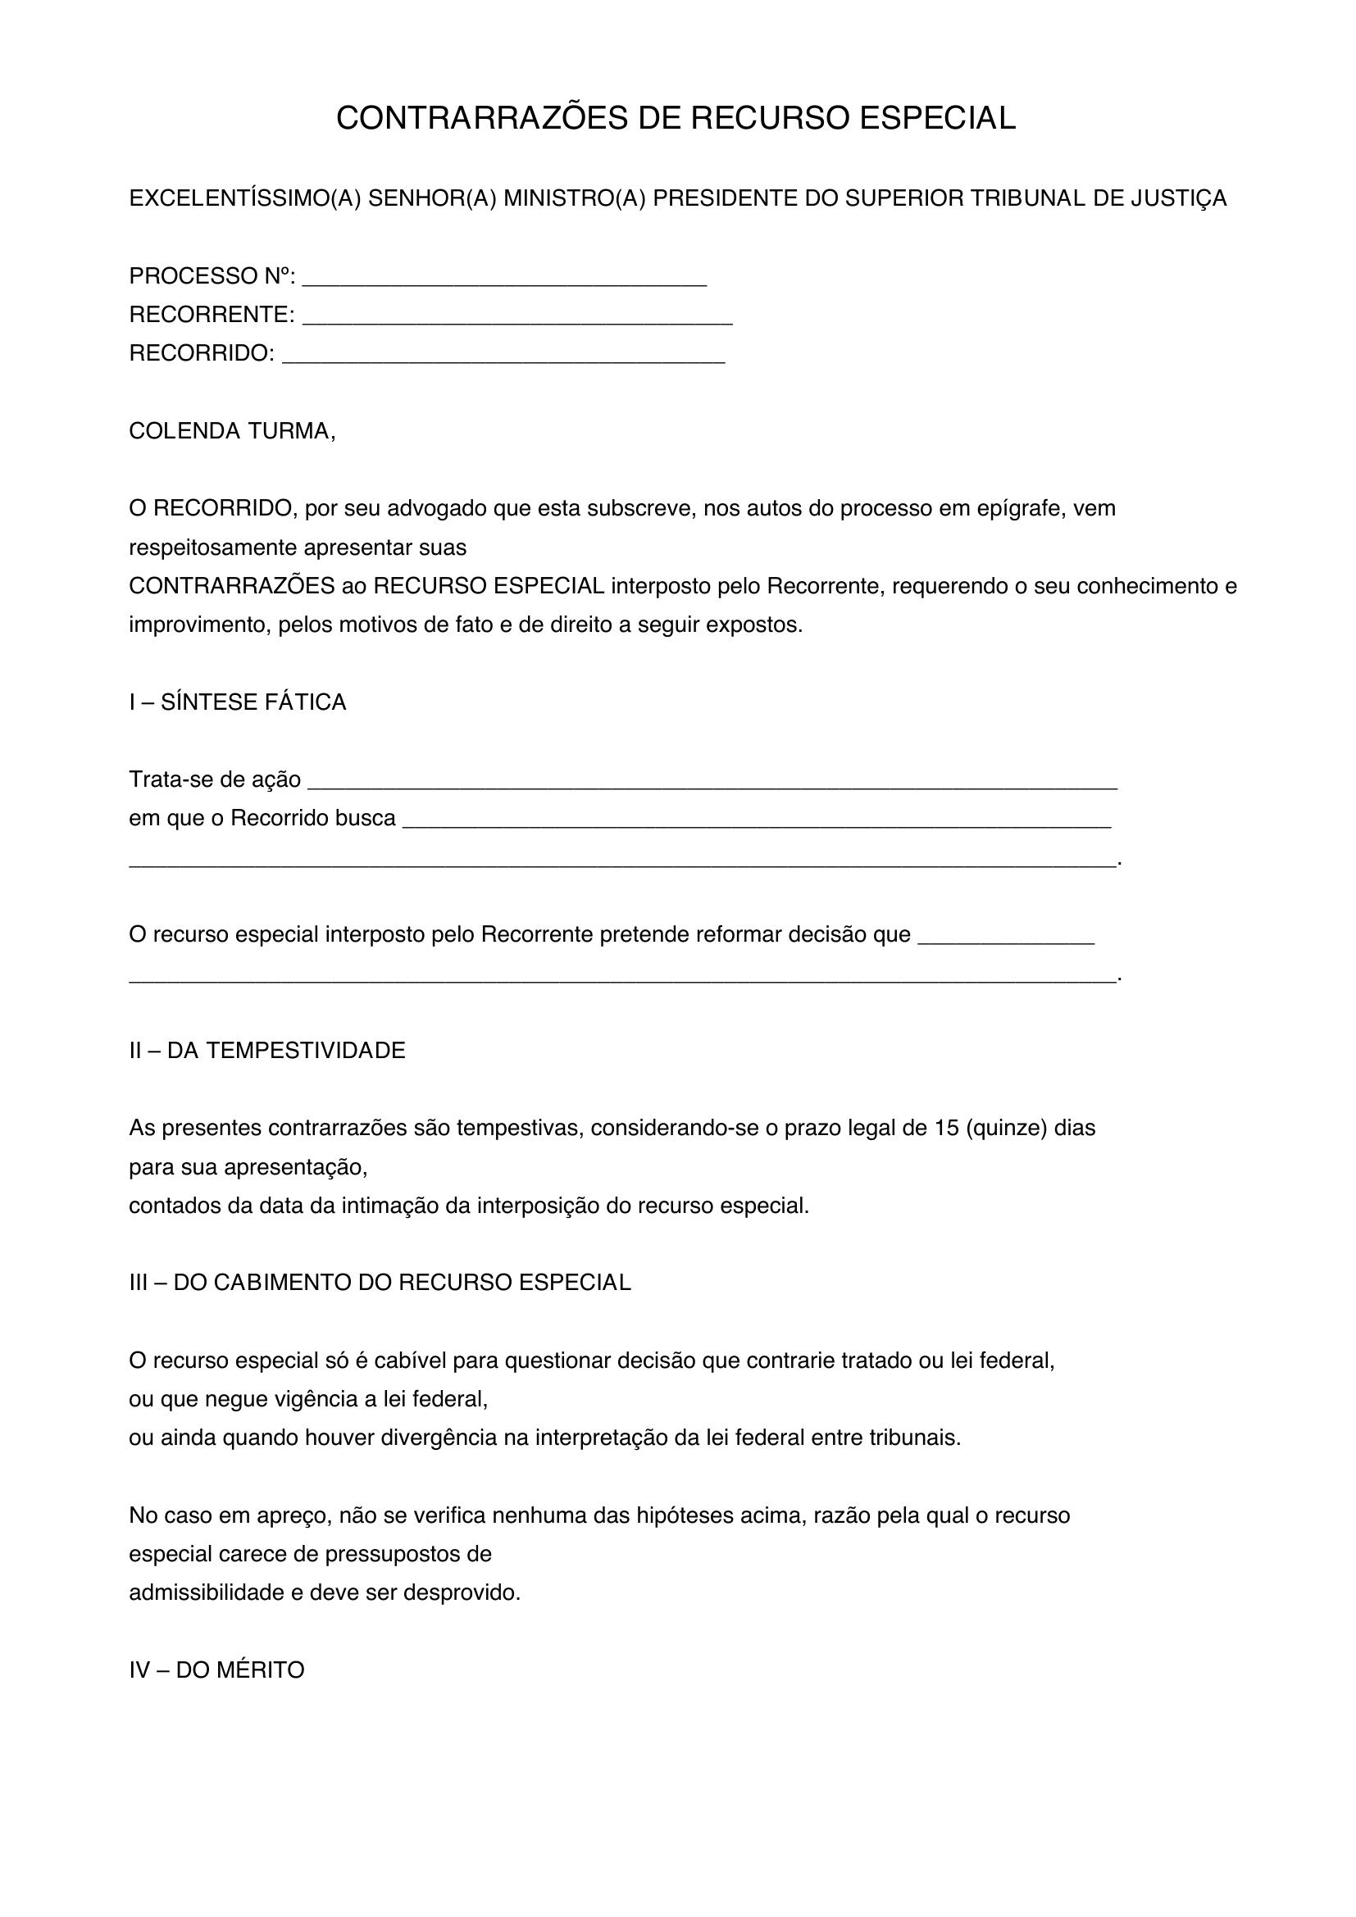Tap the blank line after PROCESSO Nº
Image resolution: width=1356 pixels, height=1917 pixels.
pos(504,278)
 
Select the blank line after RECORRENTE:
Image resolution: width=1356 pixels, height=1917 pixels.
pos(516,316)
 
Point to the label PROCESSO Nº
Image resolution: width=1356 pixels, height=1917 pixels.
pos(212,275)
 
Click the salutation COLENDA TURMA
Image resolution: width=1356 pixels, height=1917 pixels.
pos(231,431)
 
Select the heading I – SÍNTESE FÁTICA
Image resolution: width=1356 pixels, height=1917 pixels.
pos(237,702)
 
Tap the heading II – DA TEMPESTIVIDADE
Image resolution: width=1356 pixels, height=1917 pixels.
pos(266,1051)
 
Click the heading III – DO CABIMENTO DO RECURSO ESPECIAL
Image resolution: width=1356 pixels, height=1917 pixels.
pos(380,1283)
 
